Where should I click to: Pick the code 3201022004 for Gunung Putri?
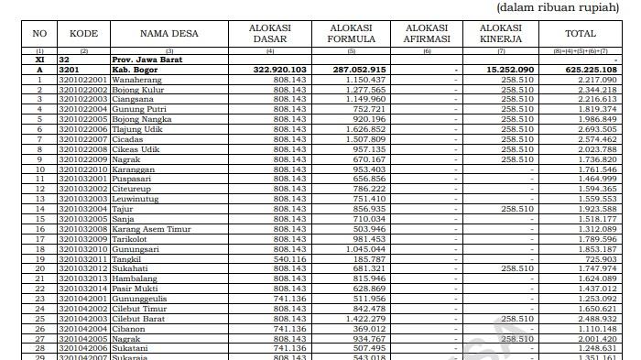[83, 109]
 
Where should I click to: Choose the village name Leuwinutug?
[138, 199]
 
